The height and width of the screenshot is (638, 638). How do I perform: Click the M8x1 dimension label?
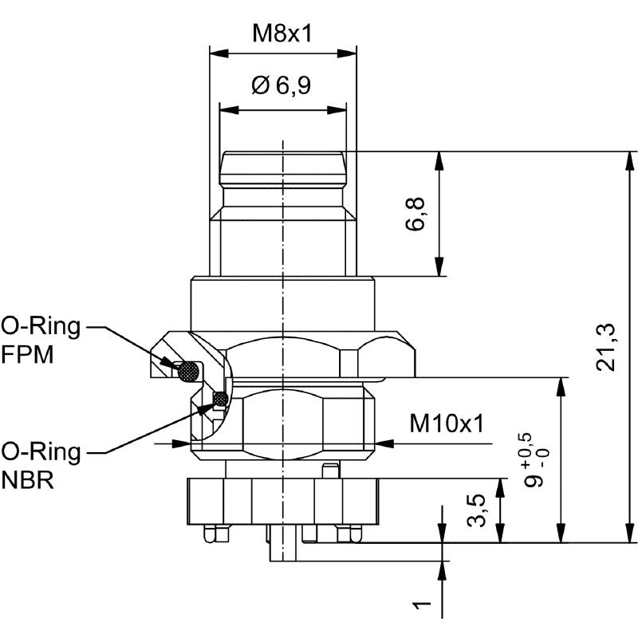pyautogui.click(x=282, y=33)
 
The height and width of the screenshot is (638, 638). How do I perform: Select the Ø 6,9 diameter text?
pyautogui.click(x=282, y=85)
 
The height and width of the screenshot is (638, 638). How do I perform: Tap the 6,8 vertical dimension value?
pyautogui.click(x=415, y=214)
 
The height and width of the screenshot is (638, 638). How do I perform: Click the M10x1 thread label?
pyautogui.click(x=447, y=423)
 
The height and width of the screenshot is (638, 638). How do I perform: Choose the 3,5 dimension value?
pyautogui.click(x=476, y=510)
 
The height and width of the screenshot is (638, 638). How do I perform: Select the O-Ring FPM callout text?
pyautogui.click(x=40, y=339)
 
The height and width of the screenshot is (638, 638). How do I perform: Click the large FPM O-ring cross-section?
pyautogui.click(x=189, y=370)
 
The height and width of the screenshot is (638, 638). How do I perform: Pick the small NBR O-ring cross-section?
pyautogui.click(x=220, y=398)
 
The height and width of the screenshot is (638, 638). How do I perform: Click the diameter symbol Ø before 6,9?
pyautogui.click(x=261, y=85)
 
